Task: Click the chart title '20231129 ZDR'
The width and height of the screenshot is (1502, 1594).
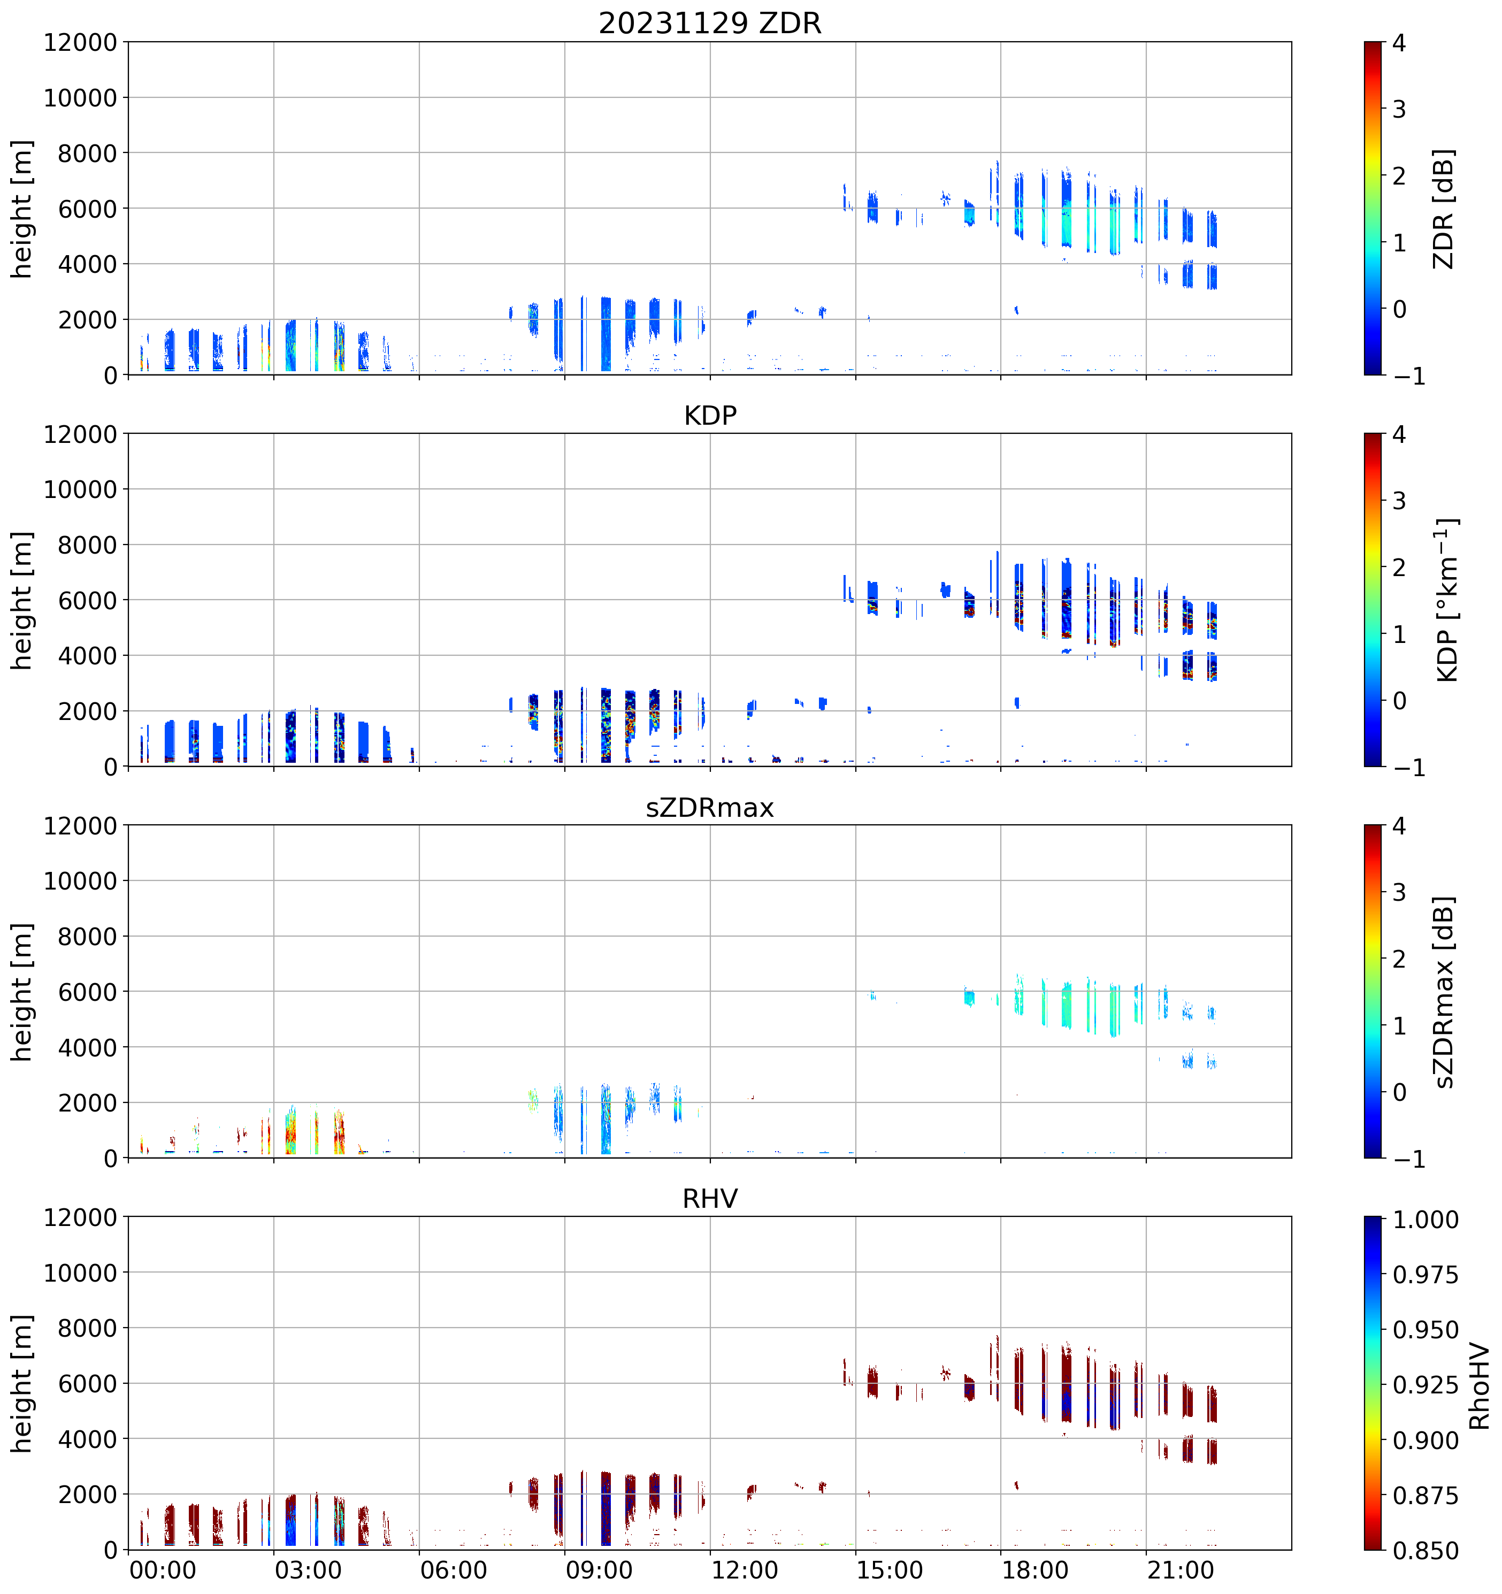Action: (710, 23)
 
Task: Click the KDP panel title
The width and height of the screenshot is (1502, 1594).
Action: (710, 415)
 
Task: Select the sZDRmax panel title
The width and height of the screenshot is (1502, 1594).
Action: (710, 807)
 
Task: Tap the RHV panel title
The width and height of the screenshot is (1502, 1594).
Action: (710, 1199)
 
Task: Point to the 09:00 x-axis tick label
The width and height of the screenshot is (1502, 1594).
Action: (598, 1570)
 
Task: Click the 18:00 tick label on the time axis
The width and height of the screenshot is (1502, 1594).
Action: (1034, 1570)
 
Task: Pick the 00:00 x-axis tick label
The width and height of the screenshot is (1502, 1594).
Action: (162, 1570)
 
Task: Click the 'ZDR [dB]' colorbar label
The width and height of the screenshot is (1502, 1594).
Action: (1444, 209)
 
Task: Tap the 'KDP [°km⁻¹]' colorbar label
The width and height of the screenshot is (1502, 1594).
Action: (1446, 600)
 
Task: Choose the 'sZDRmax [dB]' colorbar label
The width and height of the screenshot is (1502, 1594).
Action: (1444, 992)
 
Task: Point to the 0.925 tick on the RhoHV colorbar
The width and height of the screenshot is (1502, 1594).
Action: (1425, 1385)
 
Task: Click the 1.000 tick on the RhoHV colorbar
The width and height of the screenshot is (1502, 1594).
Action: (1425, 1220)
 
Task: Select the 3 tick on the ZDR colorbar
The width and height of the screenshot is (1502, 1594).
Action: (1399, 109)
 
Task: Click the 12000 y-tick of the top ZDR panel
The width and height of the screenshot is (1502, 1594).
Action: (80, 42)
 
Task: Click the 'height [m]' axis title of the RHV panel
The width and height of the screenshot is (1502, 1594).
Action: (21, 1383)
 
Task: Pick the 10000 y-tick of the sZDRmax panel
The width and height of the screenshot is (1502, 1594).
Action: (80, 881)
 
